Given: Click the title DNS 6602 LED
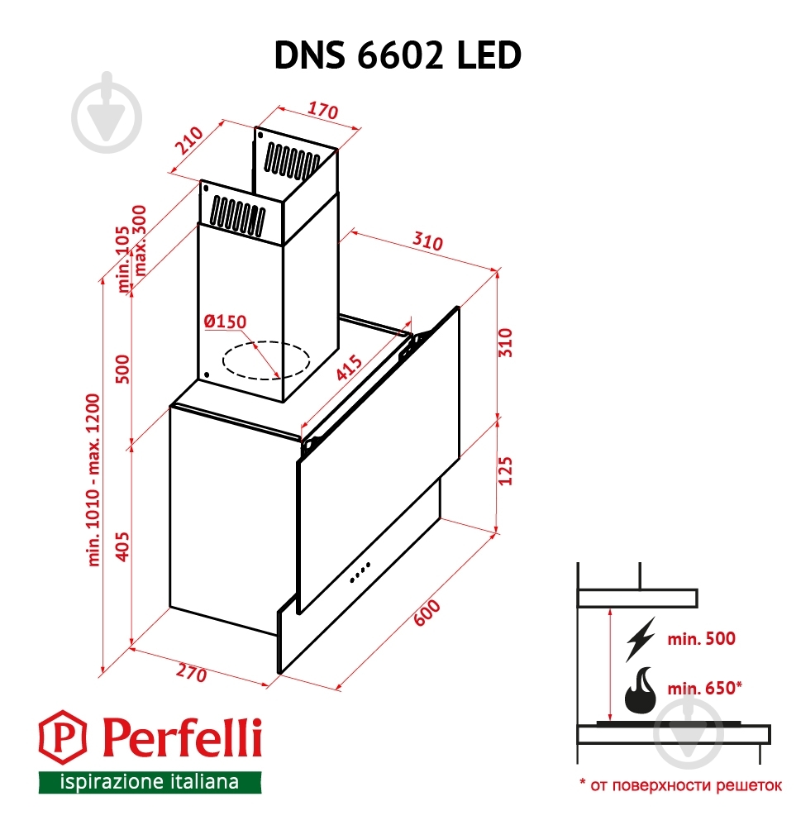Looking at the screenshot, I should pyautogui.click(x=398, y=55).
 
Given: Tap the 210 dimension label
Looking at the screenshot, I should pyautogui.click(x=189, y=141).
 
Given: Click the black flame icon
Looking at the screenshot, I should pyautogui.click(x=640, y=692).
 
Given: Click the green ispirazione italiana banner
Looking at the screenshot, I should pyautogui.click(x=150, y=781).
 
